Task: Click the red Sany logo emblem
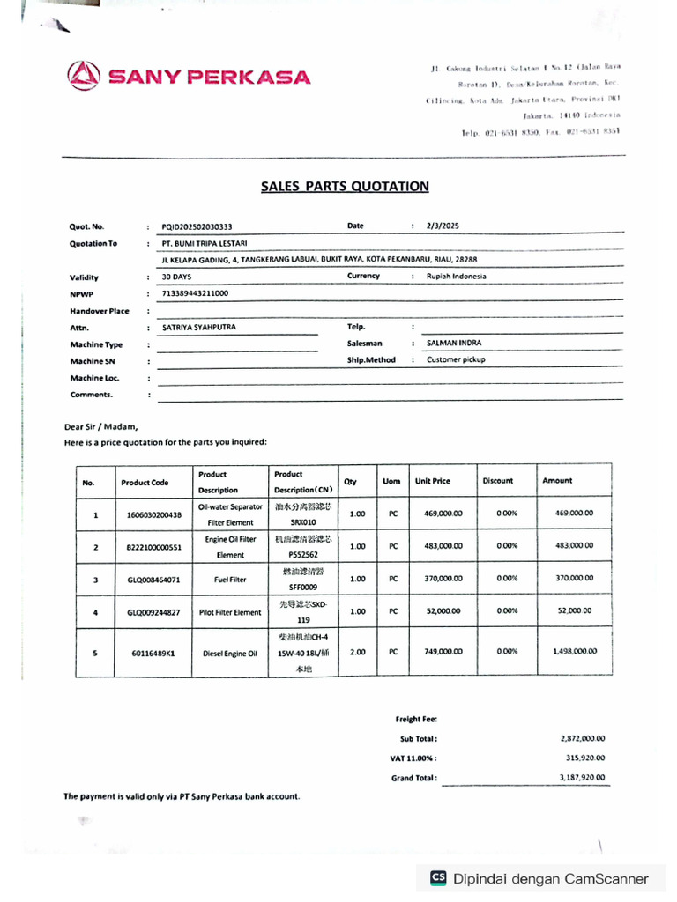85,76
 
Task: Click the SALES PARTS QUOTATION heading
345,187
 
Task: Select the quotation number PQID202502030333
197,226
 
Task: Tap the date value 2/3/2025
443,226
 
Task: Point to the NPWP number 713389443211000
195,293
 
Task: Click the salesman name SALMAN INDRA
454,344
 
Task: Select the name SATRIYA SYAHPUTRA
199,327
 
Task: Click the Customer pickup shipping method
456,360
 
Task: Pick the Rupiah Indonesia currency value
456,277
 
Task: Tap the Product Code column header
145,483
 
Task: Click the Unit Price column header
433,481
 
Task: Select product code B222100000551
154,547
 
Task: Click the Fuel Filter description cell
230,580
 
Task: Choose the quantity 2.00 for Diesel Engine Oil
357,652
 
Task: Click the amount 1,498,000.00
574,652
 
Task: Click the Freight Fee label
416,720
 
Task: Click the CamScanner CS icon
438,878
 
